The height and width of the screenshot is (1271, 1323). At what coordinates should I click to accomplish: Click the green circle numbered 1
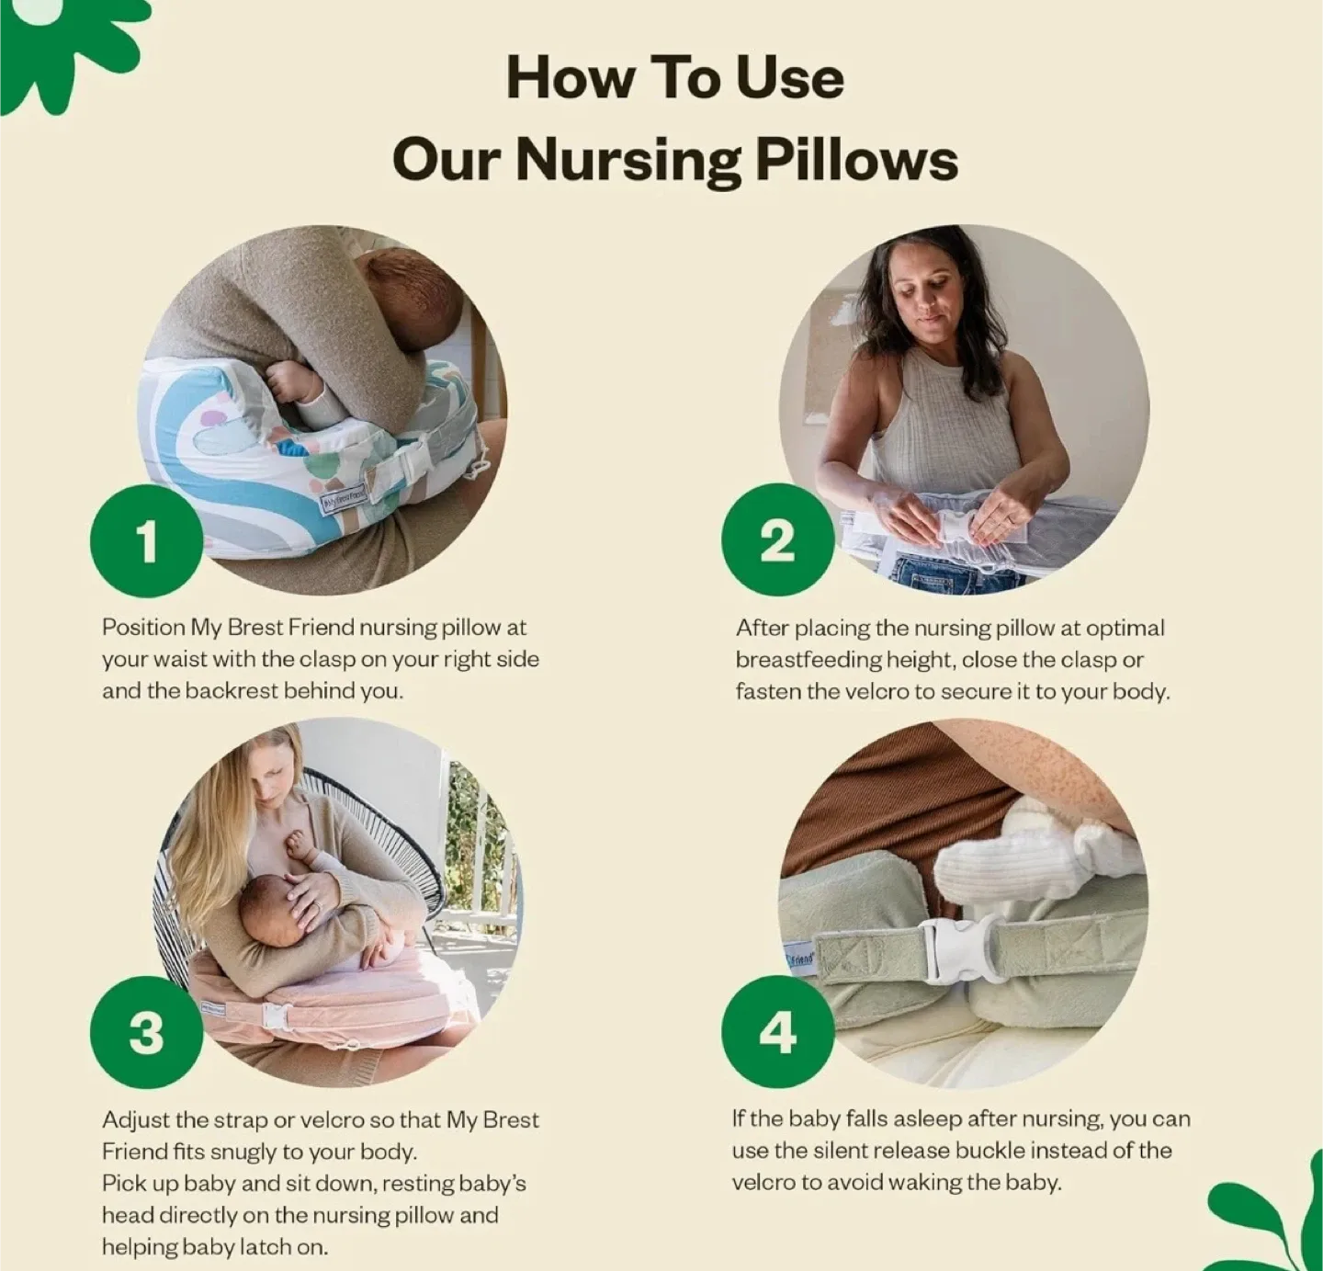tap(147, 542)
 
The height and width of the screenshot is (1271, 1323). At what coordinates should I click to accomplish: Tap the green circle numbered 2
tap(777, 541)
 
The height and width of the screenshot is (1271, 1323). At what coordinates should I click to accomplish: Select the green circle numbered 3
tap(147, 1033)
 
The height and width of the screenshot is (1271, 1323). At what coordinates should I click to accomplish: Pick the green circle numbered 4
tap(777, 1033)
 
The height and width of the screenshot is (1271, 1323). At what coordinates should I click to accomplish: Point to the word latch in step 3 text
tap(266, 1246)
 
